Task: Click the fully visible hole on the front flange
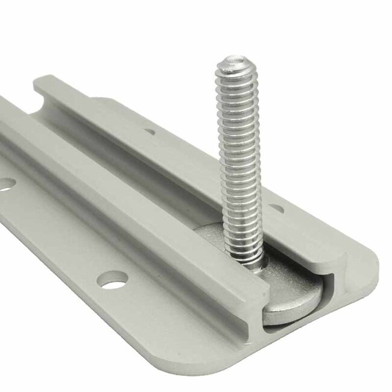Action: click(x=113, y=279)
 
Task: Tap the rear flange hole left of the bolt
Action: click(x=149, y=131)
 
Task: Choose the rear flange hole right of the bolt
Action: click(x=276, y=208)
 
